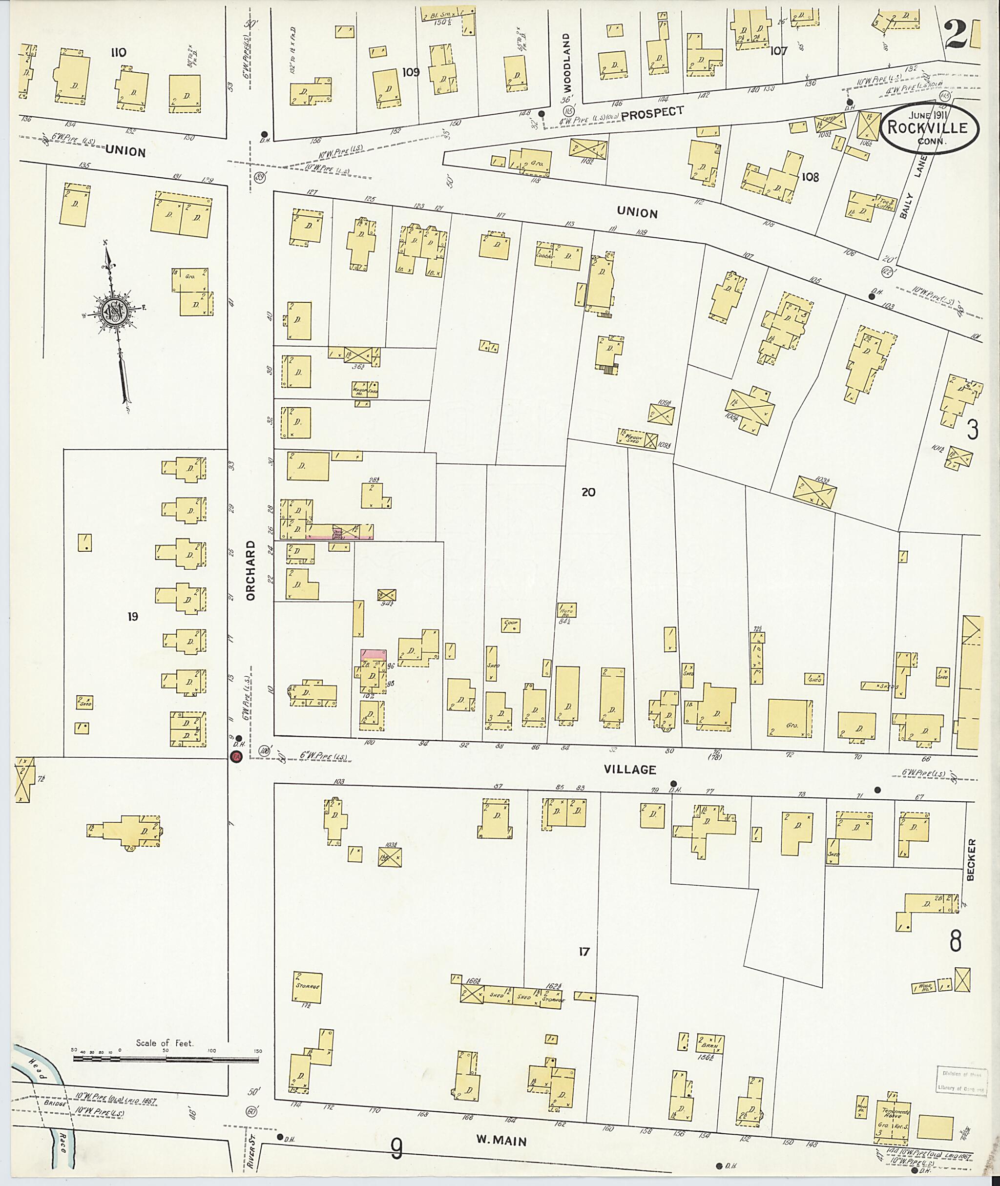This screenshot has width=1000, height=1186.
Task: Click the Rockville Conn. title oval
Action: tap(930, 128)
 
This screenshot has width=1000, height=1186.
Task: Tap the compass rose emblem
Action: tap(114, 311)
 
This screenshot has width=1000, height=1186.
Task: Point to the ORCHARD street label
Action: tap(251, 570)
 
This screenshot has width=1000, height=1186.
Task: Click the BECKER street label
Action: tap(972, 859)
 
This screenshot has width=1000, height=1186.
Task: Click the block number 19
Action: tap(132, 616)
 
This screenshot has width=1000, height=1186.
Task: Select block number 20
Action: tap(588, 492)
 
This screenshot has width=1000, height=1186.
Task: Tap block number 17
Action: tap(584, 951)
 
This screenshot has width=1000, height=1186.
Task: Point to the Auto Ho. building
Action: tap(566, 610)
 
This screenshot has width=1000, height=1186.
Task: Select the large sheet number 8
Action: tap(955, 943)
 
